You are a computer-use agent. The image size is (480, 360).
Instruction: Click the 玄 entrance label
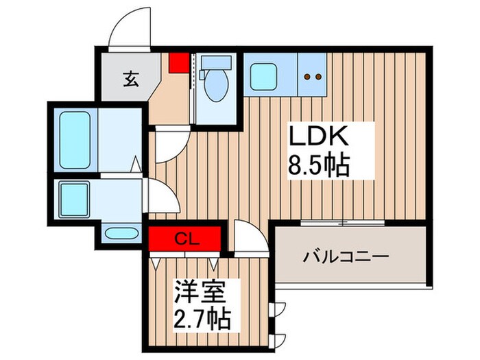click(130, 79)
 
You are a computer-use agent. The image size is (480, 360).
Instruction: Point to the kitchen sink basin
click(263, 76)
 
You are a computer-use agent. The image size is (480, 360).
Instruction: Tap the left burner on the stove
click(308, 77)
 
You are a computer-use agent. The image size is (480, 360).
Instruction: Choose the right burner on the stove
click(319, 77)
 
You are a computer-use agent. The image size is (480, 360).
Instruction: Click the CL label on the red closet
click(183, 239)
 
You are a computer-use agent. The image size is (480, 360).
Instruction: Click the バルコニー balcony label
click(347, 258)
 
